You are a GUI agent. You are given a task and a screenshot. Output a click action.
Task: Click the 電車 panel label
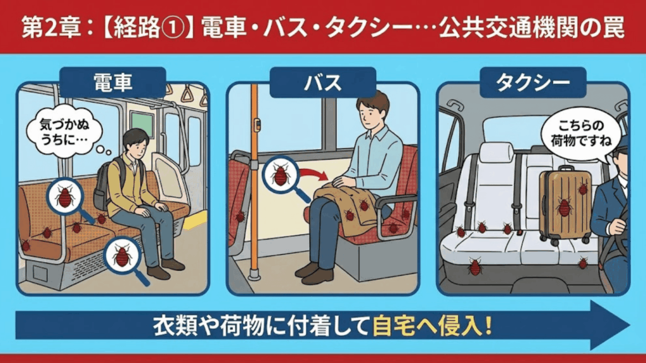112,82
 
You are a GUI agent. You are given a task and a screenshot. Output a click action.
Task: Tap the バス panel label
323,82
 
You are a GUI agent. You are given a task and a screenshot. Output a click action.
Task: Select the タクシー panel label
533,82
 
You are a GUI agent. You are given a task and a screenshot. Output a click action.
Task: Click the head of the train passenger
136,142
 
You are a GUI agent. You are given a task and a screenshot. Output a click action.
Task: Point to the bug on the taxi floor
475,267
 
